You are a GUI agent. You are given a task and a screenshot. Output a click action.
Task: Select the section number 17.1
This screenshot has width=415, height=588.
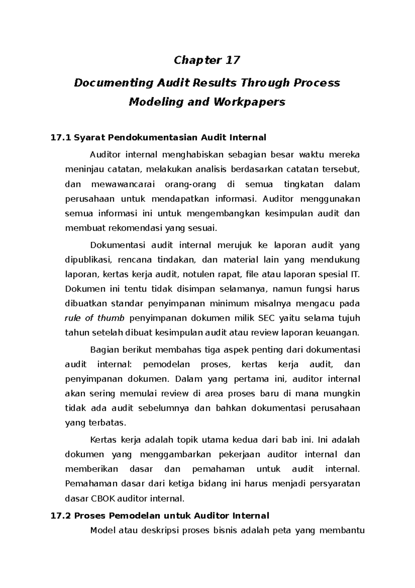[61, 138]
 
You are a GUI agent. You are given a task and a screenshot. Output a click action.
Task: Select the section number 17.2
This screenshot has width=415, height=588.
[61, 516]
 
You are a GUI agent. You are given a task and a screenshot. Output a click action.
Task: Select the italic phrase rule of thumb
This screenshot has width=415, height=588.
[94, 318]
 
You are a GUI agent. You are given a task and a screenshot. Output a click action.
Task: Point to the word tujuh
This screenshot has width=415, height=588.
[349, 318]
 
